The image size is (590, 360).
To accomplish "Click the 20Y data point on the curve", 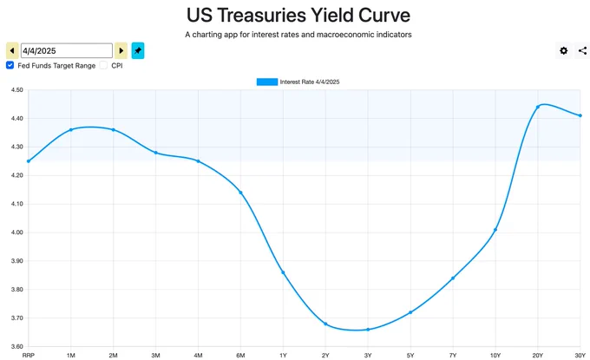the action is (x=538, y=107).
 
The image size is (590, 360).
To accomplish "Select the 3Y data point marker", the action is (x=368, y=330).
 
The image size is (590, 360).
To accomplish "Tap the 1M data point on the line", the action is (x=71, y=130).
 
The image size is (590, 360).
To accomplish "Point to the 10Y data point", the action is (x=495, y=230).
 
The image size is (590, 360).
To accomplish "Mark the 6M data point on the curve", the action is (x=240, y=193).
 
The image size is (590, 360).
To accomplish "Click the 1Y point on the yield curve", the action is (x=283, y=272).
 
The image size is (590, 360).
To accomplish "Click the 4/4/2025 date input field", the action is (x=67, y=50).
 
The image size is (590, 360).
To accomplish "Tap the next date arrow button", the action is (x=121, y=50).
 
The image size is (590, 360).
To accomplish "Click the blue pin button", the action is (x=138, y=50).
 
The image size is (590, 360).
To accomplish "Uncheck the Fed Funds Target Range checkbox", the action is (x=10, y=65).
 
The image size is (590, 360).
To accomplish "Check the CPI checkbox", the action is (x=103, y=65).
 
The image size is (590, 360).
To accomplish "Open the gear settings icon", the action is (x=563, y=50).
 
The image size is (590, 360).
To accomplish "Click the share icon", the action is (x=582, y=50).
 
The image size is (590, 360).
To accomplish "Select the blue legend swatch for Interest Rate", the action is (x=267, y=82).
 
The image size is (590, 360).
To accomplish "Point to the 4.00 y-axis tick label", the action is (x=16, y=232).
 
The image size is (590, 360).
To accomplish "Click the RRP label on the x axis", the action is (x=29, y=355).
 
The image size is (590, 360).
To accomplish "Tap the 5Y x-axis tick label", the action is (x=410, y=355).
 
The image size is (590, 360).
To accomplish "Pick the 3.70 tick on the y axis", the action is (x=16, y=317).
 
